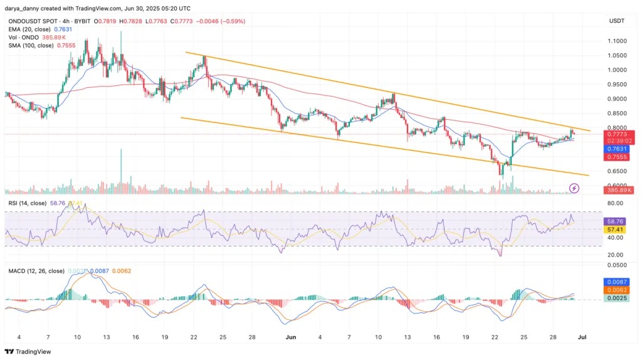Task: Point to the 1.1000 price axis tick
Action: pyautogui.click(x=618, y=41)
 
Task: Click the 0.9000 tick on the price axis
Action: pyautogui.click(x=618, y=99)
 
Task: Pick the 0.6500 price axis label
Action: pyautogui.click(x=618, y=171)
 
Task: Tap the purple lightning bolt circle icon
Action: pyautogui.click(x=574, y=188)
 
